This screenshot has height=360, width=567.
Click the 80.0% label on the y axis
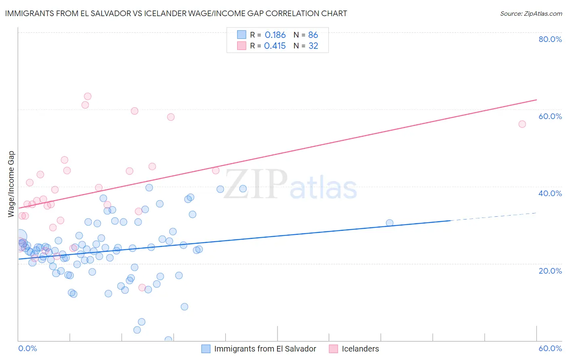[550, 39]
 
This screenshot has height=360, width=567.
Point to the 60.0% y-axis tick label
[550, 116]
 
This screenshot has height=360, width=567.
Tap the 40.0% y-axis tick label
[550, 193]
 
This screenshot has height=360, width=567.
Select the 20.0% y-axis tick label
[550, 270]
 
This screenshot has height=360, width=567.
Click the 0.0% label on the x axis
[27, 348]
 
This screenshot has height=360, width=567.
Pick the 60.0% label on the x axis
[550, 348]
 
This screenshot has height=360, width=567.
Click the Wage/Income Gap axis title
[11, 184]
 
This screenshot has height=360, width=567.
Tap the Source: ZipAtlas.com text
[531, 13]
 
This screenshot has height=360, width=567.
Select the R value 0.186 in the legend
[275, 35]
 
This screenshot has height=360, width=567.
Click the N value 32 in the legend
[313, 46]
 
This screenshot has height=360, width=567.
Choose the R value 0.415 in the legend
[275, 46]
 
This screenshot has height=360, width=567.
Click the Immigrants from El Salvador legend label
[265, 349]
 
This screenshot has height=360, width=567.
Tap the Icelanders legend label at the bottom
[360, 349]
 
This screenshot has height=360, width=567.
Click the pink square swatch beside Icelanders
[333, 349]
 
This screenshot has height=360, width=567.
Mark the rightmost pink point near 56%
[522, 124]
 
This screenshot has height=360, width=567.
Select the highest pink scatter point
[88, 96]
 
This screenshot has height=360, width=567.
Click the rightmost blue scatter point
[390, 223]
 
